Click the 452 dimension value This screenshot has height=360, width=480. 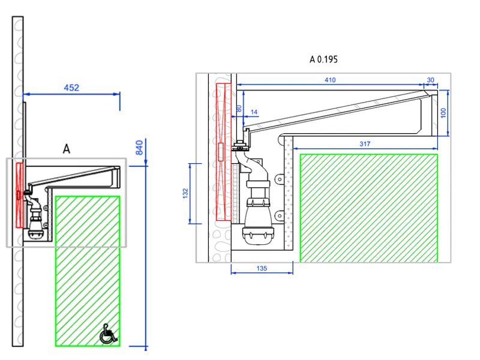pyautogui.click(x=71, y=88)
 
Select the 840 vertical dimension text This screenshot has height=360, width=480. pyautogui.click(x=139, y=147)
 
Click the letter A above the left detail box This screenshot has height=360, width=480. pyautogui.click(x=66, y=149)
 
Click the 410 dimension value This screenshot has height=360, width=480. pyautogui.click(x=330, y=80)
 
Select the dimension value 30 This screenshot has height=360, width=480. pyautogui.click(x=430, y=80)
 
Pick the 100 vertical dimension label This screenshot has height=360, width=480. pyautogui.click(x=443, y=113)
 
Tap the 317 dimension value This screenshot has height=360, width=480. pyautogui.click(x=365, y=144)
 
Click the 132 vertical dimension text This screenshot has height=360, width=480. pyautogui.click(x=185, y=193)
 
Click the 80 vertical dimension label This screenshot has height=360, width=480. pyautogui.click(x=239, y=109)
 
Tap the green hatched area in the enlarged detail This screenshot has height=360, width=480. pyautogui.click(x=368, y=208)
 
